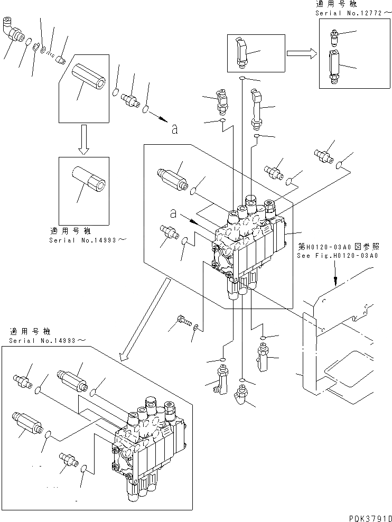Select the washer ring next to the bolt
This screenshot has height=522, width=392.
(x=196, y=328)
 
